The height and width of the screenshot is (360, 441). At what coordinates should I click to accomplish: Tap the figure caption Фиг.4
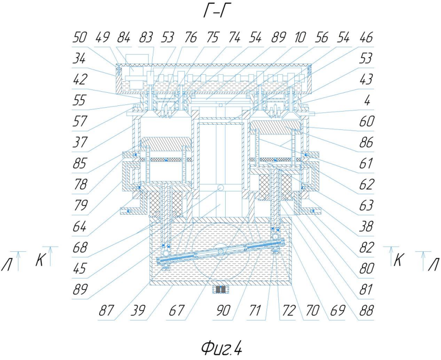(221, 348)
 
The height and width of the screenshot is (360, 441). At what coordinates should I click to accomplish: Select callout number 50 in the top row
(79, 38)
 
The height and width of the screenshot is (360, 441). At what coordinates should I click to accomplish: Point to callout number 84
(124, 38)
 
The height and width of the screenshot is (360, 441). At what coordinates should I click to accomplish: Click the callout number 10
(300, 38)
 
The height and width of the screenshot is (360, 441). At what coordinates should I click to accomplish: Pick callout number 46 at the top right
(366, 38)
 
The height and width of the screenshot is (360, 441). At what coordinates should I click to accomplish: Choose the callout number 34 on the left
(79, 58)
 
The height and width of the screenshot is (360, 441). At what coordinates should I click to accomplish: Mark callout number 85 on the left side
(79, 164)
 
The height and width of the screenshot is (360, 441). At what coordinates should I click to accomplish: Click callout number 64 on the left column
(79, 226)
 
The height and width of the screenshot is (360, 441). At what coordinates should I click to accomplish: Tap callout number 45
(79, 269)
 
